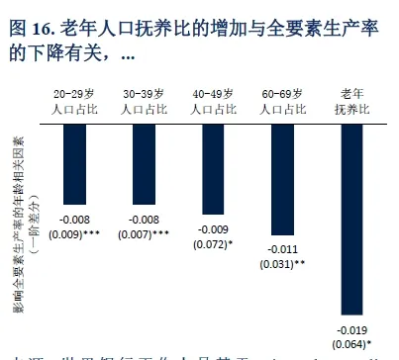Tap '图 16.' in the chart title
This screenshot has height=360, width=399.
coord(31,29)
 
